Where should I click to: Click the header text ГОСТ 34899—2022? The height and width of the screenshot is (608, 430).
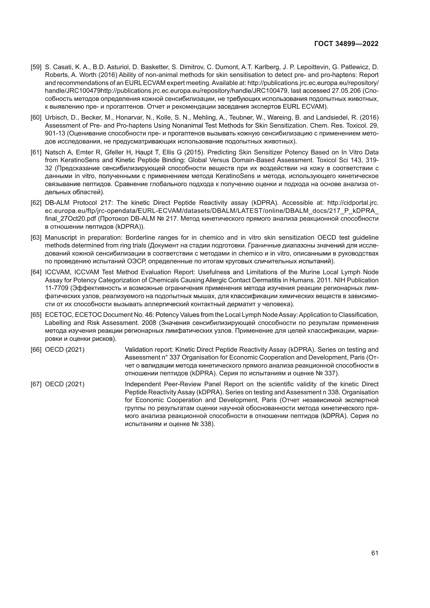tap(346, 44)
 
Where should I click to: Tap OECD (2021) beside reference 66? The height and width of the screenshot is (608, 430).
tap(65, 350)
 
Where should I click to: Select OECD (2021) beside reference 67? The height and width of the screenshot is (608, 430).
tap(65, 384)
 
